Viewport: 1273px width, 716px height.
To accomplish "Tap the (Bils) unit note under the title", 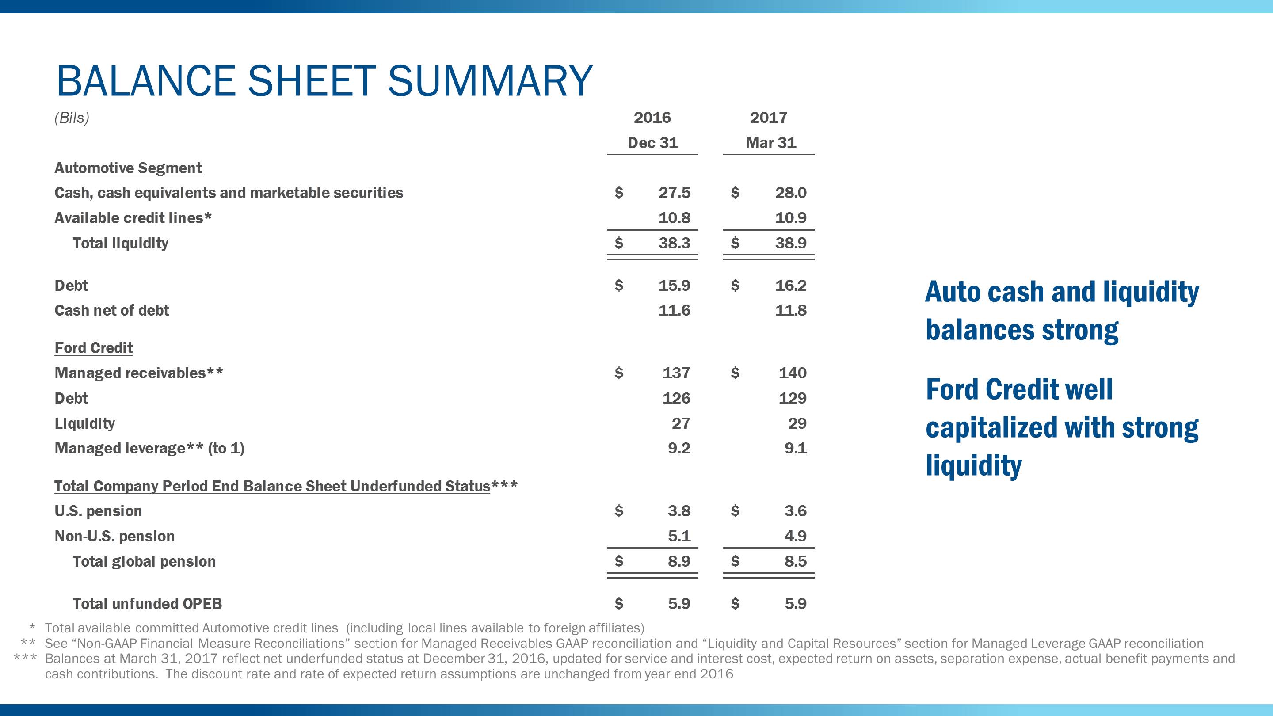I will click(72, 118).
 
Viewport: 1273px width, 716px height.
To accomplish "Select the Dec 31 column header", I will click(652, 143).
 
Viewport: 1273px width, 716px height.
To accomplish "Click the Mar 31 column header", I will click(770, 143).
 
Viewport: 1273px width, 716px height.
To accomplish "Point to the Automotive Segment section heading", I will click(128, 168).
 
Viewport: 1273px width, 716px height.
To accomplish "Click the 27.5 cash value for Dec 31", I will click(674, 193).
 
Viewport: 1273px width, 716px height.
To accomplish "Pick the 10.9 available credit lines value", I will click(790, 218).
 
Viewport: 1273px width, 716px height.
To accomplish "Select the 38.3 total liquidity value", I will click(674, 243).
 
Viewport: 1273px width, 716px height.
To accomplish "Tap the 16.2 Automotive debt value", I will click(790, 286).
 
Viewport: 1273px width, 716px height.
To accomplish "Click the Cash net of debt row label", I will click(112, 310).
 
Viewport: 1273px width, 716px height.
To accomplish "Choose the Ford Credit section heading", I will click(93, 348).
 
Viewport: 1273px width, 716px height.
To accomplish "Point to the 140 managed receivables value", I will click(792, 373).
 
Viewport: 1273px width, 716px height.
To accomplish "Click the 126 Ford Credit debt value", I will click(676, 398).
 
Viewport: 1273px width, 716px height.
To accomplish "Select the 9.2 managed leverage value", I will click(678, 448).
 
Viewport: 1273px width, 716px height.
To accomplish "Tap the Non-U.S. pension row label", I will click(114, 536).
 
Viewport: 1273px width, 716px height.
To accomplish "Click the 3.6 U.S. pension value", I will click(795, 511).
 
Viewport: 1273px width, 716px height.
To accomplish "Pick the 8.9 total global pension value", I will click(678, 561).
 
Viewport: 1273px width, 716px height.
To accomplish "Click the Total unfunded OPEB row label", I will click(147, 604).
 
